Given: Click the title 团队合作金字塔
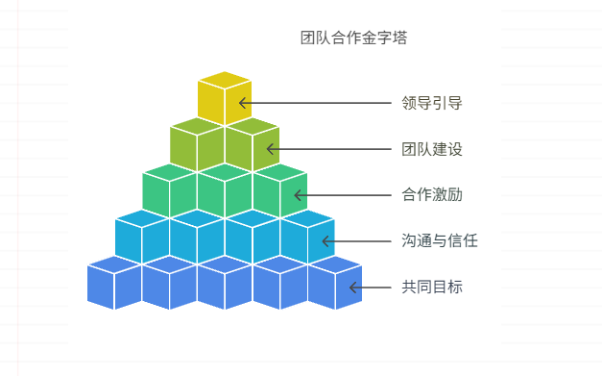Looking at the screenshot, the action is click(353, 38).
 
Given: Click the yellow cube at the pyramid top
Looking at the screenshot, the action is click(225, 98).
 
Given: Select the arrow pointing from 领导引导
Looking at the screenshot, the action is click(317, 102).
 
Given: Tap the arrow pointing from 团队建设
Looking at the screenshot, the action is click(330, 149).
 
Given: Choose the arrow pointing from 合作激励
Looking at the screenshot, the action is click(345, 195).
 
